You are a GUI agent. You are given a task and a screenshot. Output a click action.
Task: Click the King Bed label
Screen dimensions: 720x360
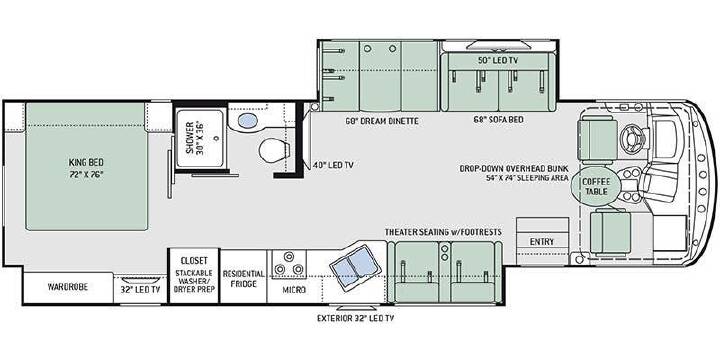86,168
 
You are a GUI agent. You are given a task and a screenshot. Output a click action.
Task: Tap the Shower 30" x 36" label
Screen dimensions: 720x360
195,138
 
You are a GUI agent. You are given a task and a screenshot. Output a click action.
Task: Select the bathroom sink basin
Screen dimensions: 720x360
248,120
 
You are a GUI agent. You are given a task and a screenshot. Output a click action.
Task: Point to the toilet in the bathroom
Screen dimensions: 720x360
274,150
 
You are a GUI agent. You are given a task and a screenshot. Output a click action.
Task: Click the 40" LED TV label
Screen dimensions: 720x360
329,165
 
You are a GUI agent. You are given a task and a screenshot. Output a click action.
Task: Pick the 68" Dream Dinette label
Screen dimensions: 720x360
382,121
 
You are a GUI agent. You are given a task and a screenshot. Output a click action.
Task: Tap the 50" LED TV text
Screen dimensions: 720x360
499,60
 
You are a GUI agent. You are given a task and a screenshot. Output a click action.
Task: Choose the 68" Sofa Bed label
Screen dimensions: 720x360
499,119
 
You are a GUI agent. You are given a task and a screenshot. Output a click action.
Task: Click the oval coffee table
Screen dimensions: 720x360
596,186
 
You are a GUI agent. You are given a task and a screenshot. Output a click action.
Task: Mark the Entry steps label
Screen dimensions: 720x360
542,242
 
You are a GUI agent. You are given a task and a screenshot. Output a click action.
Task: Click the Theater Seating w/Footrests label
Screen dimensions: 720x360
443,232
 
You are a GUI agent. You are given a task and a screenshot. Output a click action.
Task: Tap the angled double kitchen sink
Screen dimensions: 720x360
355,267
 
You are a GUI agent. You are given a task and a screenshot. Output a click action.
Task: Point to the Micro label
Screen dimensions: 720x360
294,290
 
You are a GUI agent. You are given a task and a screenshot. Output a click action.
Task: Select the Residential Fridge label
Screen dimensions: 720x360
243,279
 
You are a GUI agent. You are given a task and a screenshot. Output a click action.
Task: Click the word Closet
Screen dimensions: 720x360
194,260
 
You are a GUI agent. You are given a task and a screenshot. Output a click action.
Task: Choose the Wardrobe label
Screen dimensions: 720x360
68,287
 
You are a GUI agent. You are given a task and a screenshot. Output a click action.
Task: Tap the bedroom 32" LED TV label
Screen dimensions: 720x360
140,290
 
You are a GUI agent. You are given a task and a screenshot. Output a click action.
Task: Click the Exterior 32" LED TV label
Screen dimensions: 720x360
356,318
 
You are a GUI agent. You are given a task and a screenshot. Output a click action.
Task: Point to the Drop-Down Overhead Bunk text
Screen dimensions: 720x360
514,168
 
